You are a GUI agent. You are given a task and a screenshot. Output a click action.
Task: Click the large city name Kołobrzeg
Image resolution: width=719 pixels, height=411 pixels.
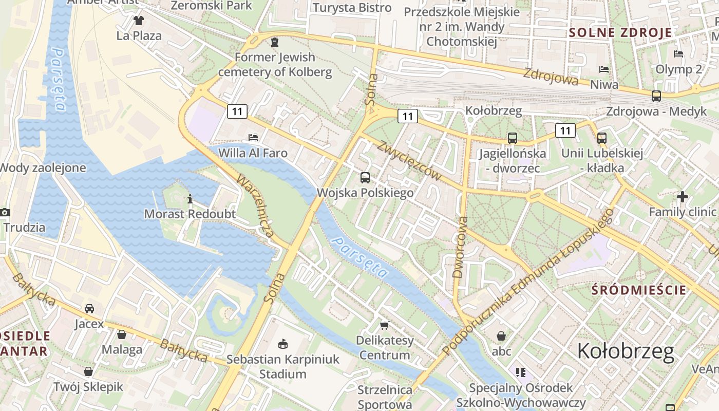click(x=626, y=351)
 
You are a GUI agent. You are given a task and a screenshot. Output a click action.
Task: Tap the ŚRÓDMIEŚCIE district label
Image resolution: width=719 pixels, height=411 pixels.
click(x=638, y=290)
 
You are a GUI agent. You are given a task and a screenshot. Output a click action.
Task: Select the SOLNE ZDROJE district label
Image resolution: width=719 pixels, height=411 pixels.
click(x=620, y=33)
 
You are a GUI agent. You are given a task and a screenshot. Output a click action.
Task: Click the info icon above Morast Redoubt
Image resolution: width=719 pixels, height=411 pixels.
click(x=190, y=199)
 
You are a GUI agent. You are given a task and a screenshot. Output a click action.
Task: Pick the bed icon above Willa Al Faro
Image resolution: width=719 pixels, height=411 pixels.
click(x=253, y=137)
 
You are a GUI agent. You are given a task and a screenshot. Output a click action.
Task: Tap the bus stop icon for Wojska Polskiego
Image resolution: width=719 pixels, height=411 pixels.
click(x=365, y=178)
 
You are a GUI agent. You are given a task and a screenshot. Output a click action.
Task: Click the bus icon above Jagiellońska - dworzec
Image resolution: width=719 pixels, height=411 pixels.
click(x=512, y=138)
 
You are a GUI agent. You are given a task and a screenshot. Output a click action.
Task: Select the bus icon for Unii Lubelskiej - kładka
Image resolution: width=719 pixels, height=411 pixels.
click(x=602, y=138)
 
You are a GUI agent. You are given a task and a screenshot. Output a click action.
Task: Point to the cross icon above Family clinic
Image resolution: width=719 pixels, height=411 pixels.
click(x=682, y=197)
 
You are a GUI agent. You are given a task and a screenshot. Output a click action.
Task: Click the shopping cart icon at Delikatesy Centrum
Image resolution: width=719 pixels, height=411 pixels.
click(x=384, y=325)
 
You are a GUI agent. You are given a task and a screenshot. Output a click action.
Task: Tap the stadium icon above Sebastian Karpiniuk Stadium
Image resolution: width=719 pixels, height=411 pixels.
click(x=282, y=344)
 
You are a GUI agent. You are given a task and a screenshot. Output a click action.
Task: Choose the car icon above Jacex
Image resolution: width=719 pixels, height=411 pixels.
click(x=89, y=308)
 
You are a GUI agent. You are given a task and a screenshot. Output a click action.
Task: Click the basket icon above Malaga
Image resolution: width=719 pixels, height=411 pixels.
click(x=122, y=334)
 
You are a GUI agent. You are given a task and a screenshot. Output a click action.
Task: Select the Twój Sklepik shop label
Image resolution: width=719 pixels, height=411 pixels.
click(x=88, y=387)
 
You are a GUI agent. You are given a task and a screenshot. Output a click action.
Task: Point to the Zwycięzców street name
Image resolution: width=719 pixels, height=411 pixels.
click(x=409, y=160)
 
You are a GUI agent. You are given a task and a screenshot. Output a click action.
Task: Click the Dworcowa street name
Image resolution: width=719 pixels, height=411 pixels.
click(x=461, y=247)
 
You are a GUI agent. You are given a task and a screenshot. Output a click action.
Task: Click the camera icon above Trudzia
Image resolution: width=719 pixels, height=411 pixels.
click(x=5, y=212)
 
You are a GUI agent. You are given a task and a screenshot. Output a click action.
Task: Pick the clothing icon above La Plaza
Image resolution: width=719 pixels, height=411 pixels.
click(x=139, y=21)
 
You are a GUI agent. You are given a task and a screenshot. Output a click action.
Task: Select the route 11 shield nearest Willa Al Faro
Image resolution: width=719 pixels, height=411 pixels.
click(x=237, y=111)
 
